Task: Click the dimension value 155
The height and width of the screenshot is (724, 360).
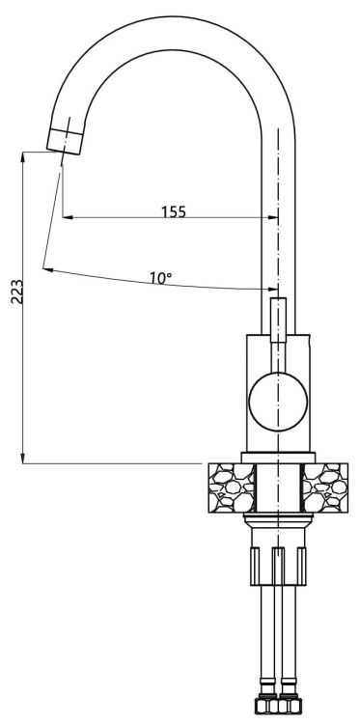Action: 173,211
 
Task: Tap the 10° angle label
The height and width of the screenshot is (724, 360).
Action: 160,278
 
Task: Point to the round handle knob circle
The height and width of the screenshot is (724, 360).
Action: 278,401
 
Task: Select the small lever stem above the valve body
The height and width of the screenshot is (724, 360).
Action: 278,320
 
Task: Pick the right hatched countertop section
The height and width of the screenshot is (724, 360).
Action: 326,490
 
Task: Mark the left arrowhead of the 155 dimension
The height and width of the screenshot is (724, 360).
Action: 67,218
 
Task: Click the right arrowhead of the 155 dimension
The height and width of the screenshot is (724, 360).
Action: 272,218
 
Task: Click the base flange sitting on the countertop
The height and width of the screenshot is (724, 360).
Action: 278,456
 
